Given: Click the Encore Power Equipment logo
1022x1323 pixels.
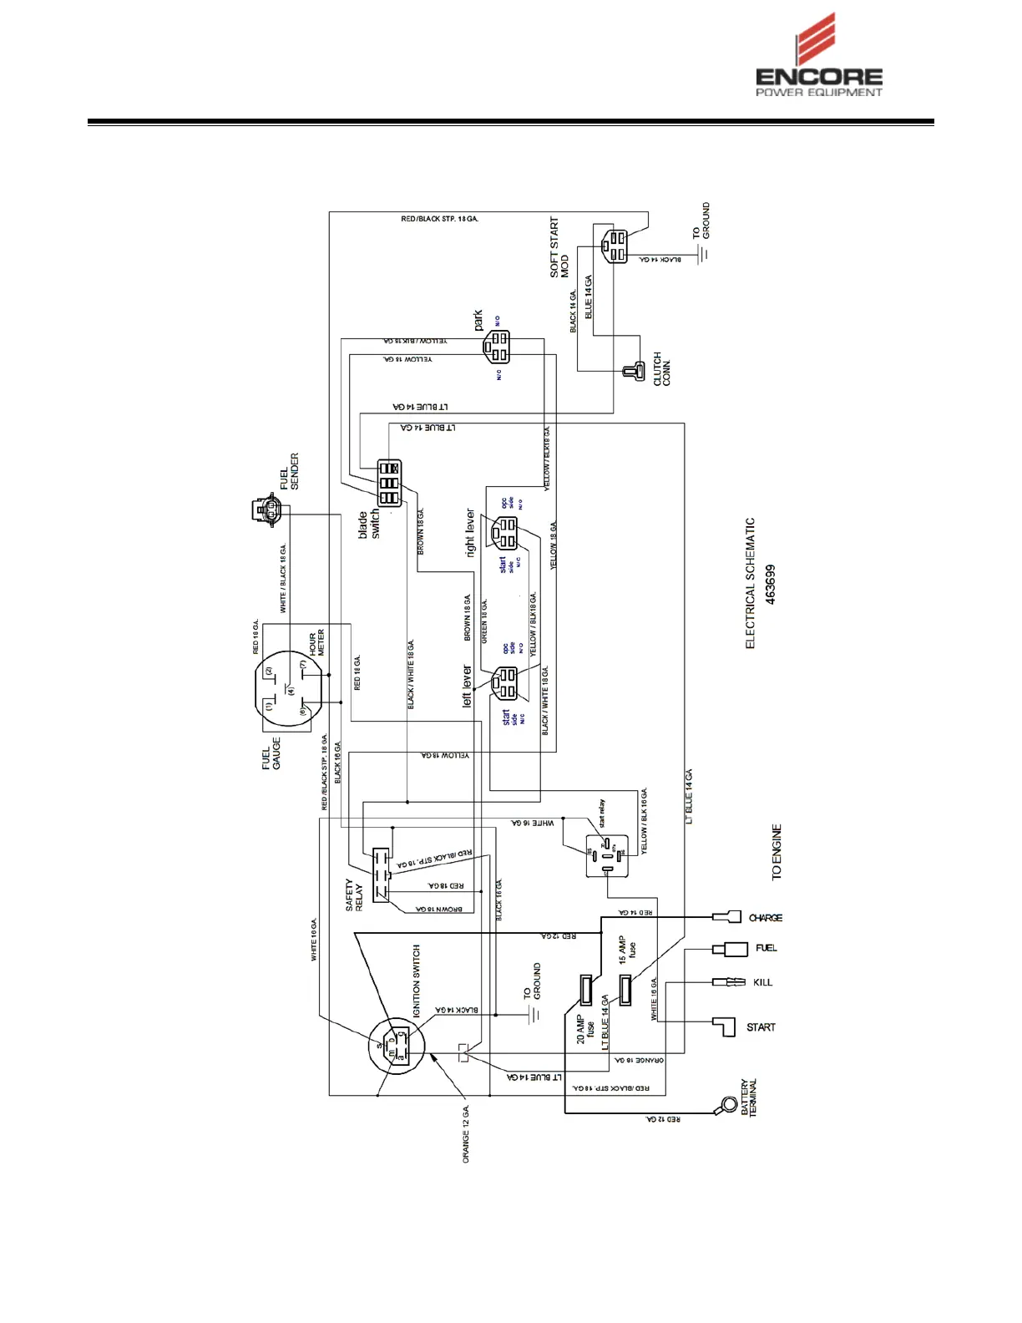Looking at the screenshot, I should (x=818, y=57).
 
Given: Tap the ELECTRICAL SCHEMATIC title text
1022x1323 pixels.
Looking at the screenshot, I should (x=750, y=583).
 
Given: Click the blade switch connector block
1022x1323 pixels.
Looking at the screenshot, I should (x=389, y=483).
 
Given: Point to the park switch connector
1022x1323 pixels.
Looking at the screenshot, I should (x=498, y=347).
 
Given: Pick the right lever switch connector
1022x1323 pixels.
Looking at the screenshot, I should (x=505, y=532).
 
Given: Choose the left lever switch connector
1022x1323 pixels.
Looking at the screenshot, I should (x=506, y=683).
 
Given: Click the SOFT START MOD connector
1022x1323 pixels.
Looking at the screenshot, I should (x=614, y=245).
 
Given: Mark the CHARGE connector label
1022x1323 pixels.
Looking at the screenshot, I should (x=766, y=918).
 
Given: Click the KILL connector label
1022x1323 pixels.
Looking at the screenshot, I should (x=763, y=982).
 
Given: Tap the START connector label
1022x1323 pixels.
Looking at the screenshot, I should (x=761, y=1027).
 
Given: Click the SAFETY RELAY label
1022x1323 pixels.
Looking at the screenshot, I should (x=354, y=895).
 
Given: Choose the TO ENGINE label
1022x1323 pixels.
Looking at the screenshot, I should (x=777, y=852).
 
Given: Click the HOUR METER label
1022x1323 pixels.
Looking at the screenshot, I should (x=317, y=644).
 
